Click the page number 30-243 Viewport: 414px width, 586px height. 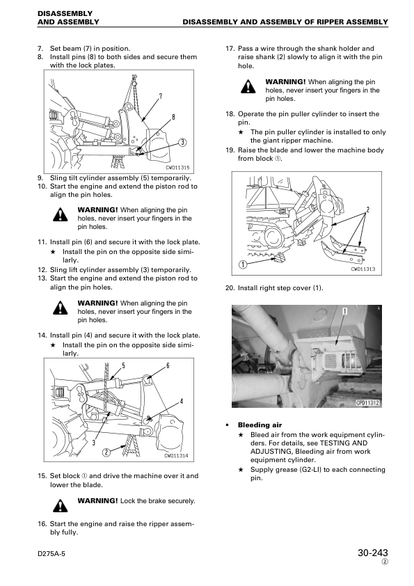point(372,553)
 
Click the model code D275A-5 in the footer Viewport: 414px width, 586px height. point(51,553)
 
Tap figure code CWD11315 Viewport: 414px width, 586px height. point(177,168)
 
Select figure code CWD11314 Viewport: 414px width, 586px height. point(176,456)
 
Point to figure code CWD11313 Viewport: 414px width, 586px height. point(363,269)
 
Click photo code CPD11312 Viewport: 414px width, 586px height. point(367,403)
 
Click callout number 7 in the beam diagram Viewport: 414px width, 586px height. point(161,97)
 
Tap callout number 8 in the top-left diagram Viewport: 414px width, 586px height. point(173,117)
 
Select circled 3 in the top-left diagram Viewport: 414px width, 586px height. point(182,143)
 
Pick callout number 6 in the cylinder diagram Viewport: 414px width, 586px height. point(168,365)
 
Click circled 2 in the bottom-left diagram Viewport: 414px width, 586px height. point(106,452)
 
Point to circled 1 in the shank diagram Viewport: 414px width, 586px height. point(243,265)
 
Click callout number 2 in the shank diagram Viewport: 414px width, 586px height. point(367,209)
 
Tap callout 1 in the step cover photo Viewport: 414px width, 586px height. point(345,311)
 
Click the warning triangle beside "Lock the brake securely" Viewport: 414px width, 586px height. point(60,505)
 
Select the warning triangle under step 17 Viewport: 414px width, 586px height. point(248,87)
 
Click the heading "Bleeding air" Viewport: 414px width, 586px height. point(260,425)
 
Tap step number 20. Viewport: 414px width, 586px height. point(230,287)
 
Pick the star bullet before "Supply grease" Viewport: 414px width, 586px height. point(241,469)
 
